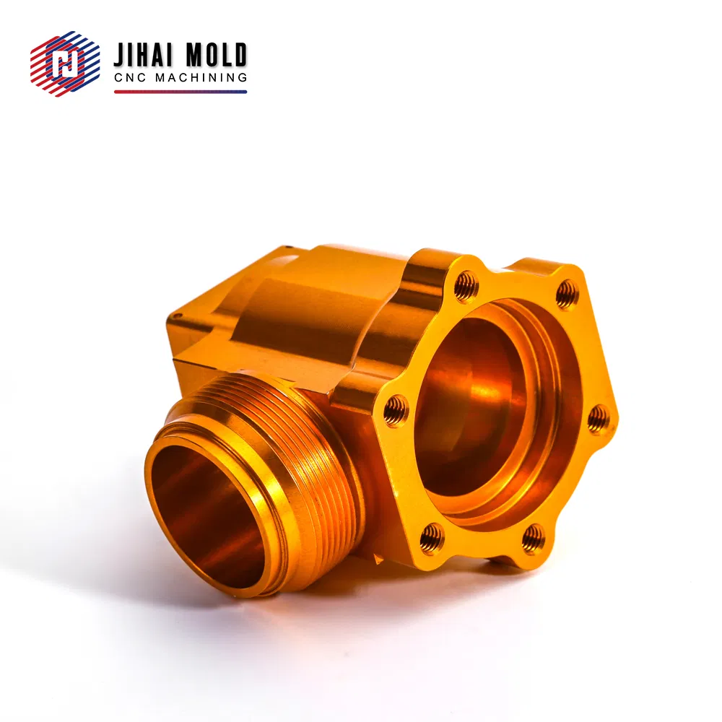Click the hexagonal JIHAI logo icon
click(65, 64)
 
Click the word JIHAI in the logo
click(143, 55)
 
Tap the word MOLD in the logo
click(216, 55)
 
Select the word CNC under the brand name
click(130, 77)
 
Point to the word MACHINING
click(201, 77)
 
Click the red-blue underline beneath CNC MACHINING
click(180, 92)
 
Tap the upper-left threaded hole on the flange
click(466, 287)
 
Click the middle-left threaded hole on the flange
click(395, 411)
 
